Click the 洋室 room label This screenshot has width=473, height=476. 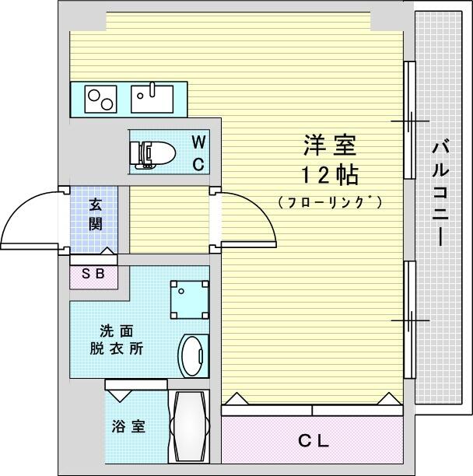tap(330, 145)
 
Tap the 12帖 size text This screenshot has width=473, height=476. tap(330, 176)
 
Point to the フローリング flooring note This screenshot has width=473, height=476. tap(330, 202)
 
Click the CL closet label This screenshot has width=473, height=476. tap(314, 441)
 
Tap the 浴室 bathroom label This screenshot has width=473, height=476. tap(128, 426)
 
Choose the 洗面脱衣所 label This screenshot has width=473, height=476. tap(117, 340)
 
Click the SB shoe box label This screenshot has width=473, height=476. tap(93, 274)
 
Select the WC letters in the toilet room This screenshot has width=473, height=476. tap(198, 153)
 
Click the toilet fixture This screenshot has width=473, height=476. tap(152, 154)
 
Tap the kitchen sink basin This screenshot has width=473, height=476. tap(152, 99)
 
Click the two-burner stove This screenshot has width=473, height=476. tap(101, 99)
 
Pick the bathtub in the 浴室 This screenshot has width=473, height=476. tap(189, 426)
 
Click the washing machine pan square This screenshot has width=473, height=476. tap(190, 299)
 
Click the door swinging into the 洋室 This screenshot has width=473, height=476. tap(248, 218)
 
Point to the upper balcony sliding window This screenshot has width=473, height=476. tap(409, 121)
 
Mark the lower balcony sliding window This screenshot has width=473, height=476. tap(409, 320)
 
